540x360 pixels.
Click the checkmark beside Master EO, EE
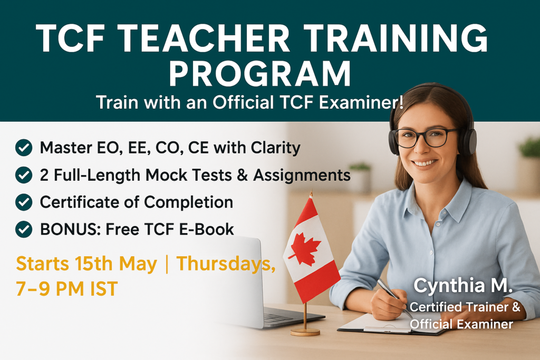tap(24, 148)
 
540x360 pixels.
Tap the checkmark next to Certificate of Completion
tap(24, 202)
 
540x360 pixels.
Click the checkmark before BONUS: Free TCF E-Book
tap(24, 229)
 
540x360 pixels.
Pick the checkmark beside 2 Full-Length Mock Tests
tap(24, 175)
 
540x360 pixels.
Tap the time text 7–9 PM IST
tap(67, 289)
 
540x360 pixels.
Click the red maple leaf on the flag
tap(305, 249)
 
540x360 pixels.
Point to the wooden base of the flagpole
tap(305, 331)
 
